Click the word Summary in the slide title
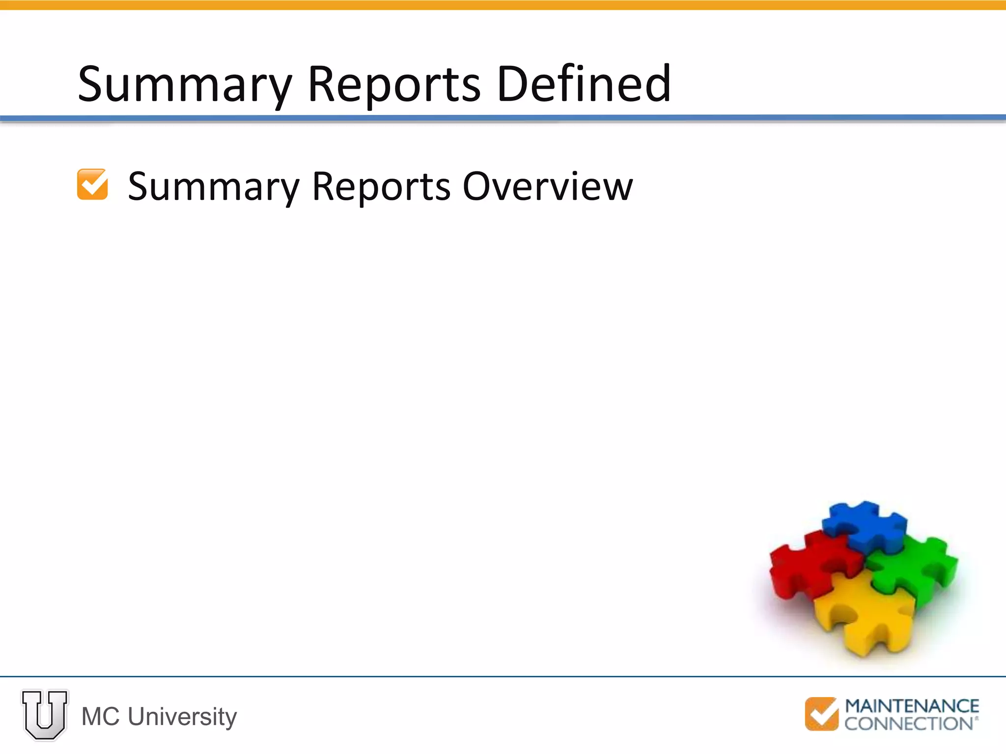[185, 84]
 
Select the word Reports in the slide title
[393, 84]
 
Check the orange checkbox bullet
[92, 185]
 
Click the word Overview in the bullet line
[548, 187]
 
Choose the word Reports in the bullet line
[381, 188]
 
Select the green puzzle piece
[914, 569]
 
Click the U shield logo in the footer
[45, 714]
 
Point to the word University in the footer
[182, 717]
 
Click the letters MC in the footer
[100, 717]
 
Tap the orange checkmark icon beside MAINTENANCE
[821, 714]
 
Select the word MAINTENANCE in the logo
[912, 706]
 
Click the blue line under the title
[503, 118]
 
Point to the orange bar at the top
[503, 5]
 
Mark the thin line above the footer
[503, 676]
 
